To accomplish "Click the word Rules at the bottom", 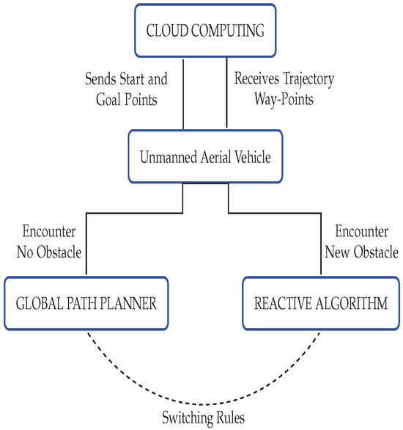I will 226,420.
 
